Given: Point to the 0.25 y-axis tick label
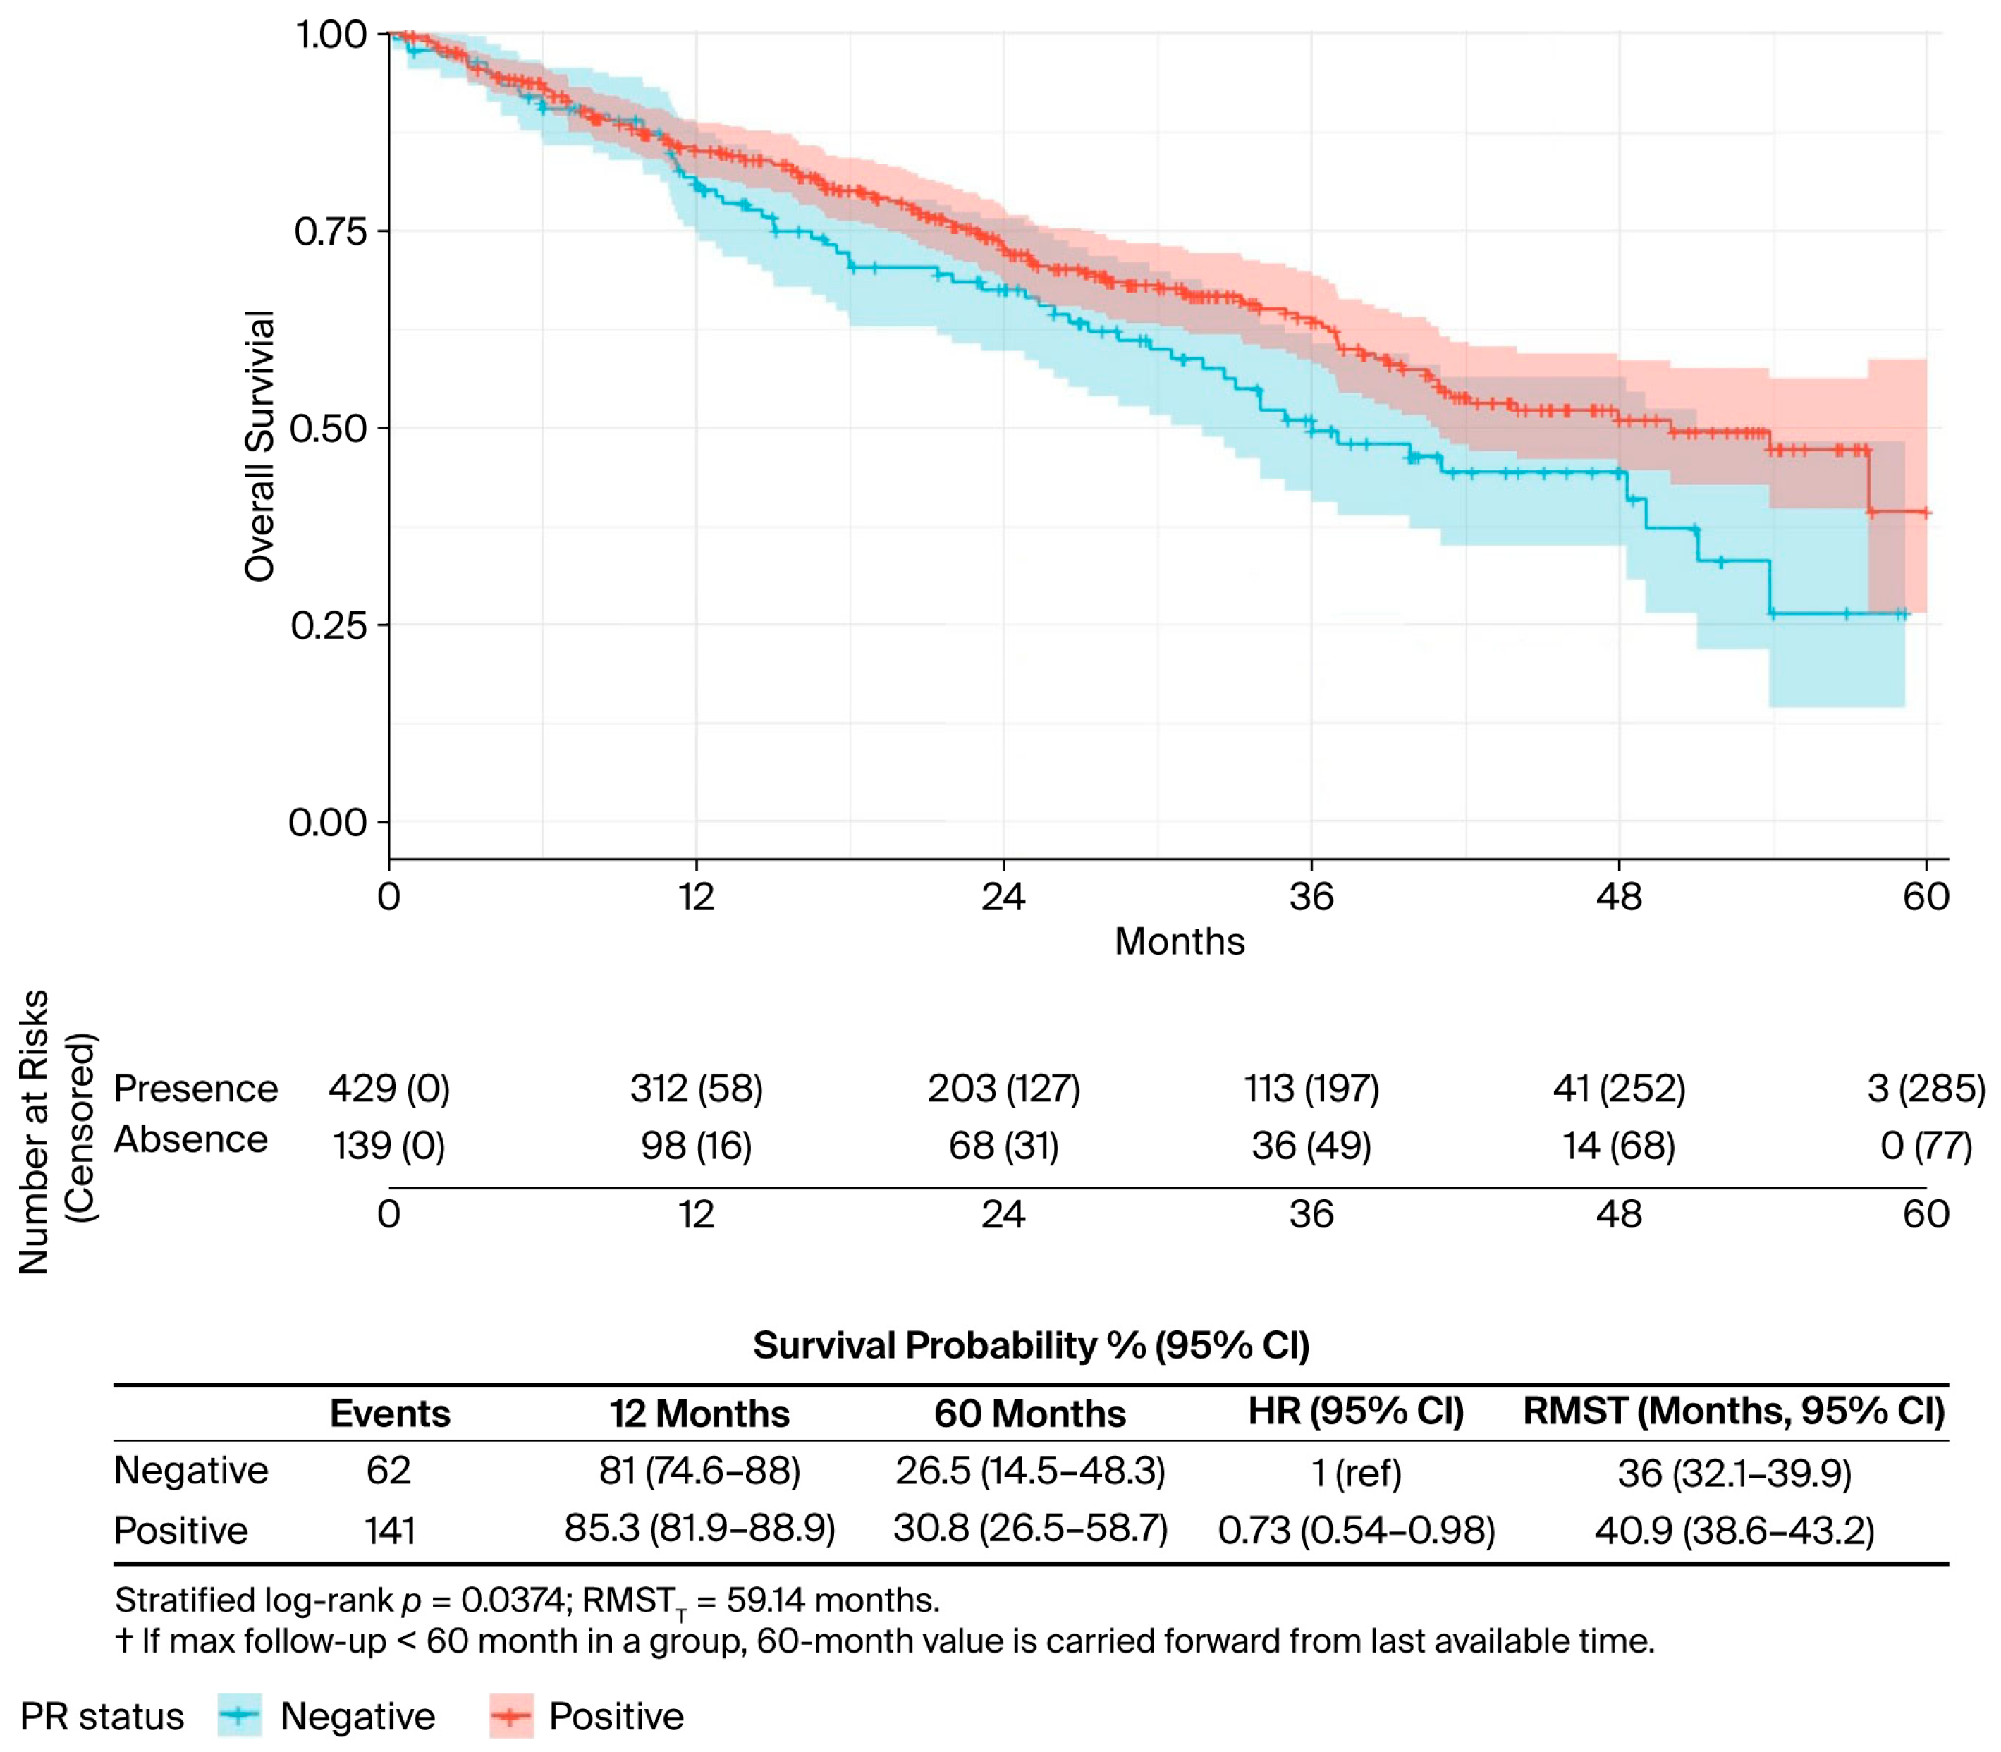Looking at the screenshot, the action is [x=329, y=626].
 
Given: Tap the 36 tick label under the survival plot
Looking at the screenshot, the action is [x=1311, y=897].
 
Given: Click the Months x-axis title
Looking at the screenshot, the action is [x=1179, y=941].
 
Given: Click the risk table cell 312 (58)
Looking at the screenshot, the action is [x=696, y=1088].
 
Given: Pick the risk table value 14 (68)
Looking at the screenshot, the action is [x=1619, y=1145].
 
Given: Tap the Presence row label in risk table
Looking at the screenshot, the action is [x=195, y=1088].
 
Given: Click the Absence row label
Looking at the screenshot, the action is [x=190, y=1139].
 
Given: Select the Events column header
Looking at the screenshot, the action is [x=390, y=1414].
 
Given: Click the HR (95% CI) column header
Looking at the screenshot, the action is [x=1356, y=1411].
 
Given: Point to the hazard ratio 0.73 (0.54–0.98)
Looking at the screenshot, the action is [x=1356, y=1530].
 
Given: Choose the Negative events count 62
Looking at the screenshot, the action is [x=389, y=1471].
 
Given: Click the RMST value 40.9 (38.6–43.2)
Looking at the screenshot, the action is [x=1735, y=1530].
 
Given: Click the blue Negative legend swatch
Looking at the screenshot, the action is [x=240, y=1716].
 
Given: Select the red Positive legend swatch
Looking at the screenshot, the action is [x=511, y=1716].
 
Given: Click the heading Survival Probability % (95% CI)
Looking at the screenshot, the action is [x=1032, y=1345].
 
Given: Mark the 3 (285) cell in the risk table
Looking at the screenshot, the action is [x=1926, y=1088].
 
